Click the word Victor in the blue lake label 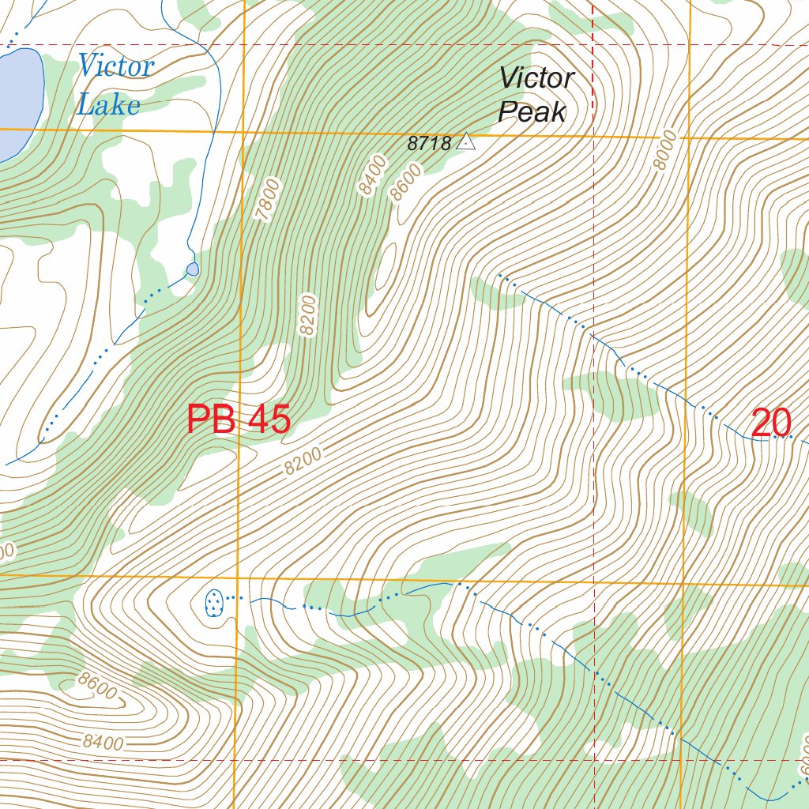tap(115, 66)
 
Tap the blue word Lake tap(108, 105)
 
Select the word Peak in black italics tap(532, 113)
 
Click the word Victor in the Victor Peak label tap(536, 78)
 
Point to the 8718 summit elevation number tap(429, 144)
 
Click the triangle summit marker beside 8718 tap(467, 141)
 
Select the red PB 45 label tap(239, 420)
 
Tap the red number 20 tap(771, 423)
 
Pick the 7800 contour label tap(269, 199)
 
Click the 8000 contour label tap(665, 150)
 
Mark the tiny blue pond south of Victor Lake tap(193, 269)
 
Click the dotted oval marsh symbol tap(213, 603)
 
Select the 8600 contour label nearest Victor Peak tap(407, 182)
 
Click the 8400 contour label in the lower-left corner tap(103, 743)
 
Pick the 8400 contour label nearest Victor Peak tap(372, 175)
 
